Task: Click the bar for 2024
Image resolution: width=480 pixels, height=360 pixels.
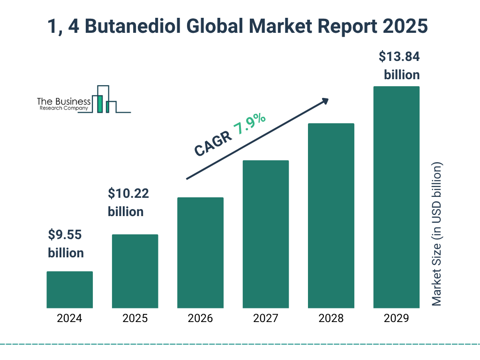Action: tap(69, 290)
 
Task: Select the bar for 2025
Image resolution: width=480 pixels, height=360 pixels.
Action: tap(135, 271)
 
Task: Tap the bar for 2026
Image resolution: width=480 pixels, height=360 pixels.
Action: tap(200, 253)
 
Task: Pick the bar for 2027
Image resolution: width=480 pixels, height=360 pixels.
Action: tap(265, 234)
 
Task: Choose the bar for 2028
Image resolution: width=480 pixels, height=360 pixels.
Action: tap(331, 216)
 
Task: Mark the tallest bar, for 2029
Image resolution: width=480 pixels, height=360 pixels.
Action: tap(396, 197)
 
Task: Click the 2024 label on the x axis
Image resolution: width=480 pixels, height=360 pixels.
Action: tap(69, 319)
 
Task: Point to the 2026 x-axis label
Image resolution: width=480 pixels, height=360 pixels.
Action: tap(200, 319)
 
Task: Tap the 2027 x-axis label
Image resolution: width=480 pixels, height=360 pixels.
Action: tap(265, 319)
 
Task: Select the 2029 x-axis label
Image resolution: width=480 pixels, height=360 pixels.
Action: tap(396, 319)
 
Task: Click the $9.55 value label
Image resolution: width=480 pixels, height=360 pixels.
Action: tap(66, 234)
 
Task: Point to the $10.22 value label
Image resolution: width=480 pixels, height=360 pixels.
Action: tap(125, 193)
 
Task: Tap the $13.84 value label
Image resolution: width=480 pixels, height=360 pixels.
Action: tap(399, 57)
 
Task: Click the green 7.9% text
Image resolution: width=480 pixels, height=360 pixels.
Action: tap(250, 124)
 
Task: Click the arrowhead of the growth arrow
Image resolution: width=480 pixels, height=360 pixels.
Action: tap(324, 101)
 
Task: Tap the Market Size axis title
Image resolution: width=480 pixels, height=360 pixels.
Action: tap(437, 234)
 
